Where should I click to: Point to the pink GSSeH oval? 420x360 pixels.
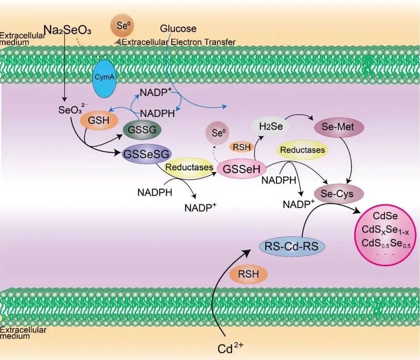click(x=242, y=168)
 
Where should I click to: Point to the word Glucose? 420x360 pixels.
click(x=178, y=28)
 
